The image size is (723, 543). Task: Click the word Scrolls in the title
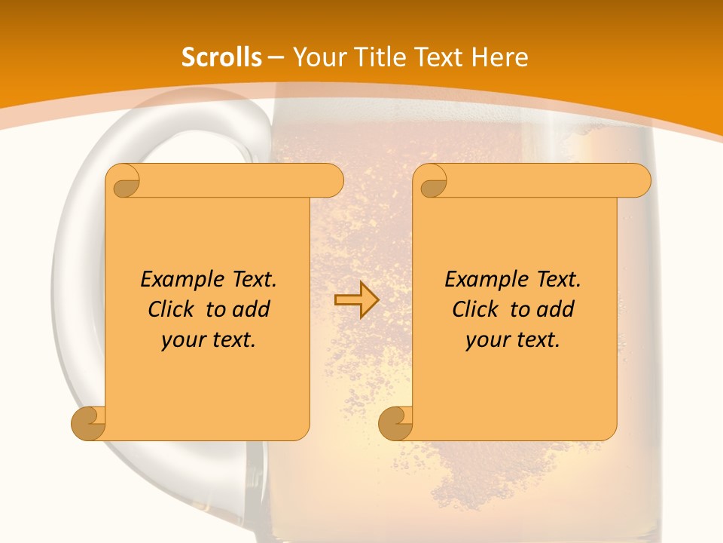[221, 57]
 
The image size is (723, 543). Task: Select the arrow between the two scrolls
[356, 300]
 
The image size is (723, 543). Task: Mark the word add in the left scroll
[252, 309]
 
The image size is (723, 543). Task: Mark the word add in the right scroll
[556, 309]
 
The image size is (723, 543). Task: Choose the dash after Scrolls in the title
[276, 57]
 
